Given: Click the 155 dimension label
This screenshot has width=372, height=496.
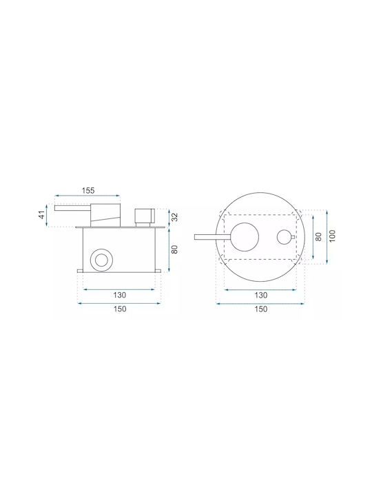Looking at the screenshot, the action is [x=88, y=190].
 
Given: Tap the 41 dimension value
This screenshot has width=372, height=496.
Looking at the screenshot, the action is [x=42, y=216].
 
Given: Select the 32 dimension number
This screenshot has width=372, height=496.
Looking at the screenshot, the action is [x=174, y=217].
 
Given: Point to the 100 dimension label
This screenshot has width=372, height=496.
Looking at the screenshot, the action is [x=332, y=236].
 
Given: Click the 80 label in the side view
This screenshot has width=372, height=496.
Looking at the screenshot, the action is [x=174, y=249].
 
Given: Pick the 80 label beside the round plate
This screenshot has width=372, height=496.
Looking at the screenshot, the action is [x=318, y=236].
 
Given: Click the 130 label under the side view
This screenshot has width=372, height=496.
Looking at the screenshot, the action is [x=120, y=295].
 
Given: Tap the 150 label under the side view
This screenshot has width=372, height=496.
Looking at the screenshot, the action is [x=120, y=309].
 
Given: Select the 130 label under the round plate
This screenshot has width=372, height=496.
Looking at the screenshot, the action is [x=261, y=295].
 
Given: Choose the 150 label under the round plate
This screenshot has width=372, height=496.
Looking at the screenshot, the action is [x=261, y=309].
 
